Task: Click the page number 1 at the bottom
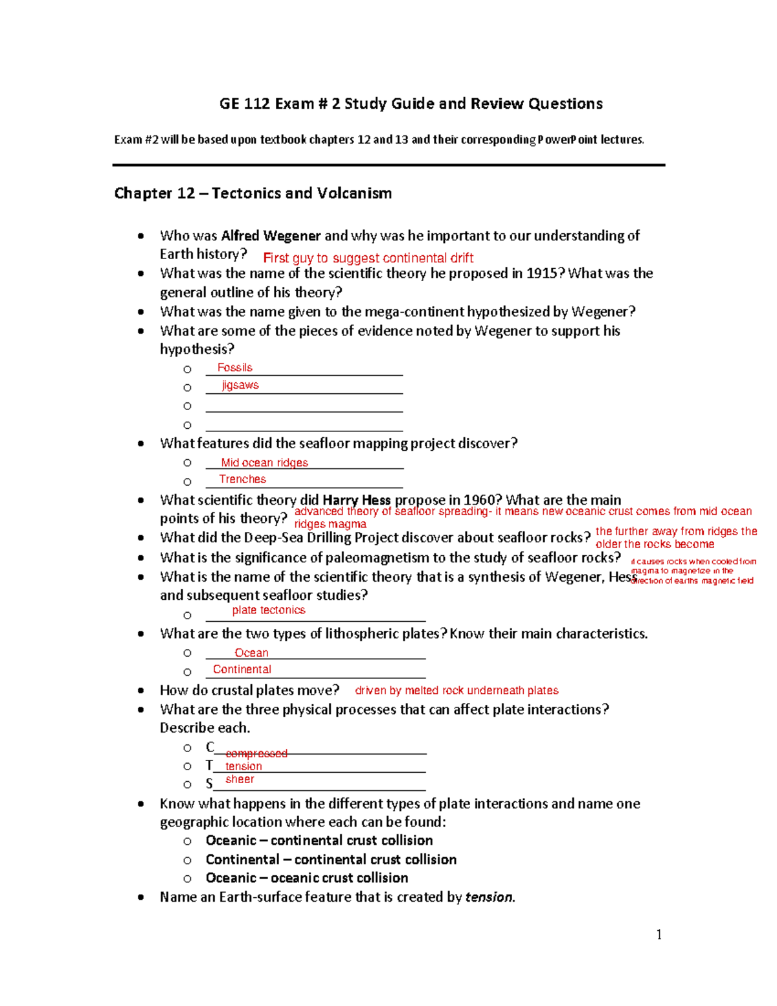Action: (659, 934)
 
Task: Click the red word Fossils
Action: (234, 367)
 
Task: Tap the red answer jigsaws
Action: (240, 385)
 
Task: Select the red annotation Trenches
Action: (242, 479)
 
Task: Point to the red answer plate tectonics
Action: (268, 610)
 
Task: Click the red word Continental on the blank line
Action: (242, 669)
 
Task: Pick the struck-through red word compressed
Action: (256, 753)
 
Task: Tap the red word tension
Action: (243, 766)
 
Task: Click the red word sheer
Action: (240, 779)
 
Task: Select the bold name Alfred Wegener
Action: (271, 236)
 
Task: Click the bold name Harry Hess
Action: (356, 500)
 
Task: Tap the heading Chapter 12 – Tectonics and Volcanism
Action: (253, 193)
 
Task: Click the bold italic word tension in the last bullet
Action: (488, 897)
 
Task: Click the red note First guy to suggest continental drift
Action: (368, 258)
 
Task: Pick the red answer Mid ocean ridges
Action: (264, 463)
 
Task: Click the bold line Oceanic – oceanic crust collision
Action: (306, 878)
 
